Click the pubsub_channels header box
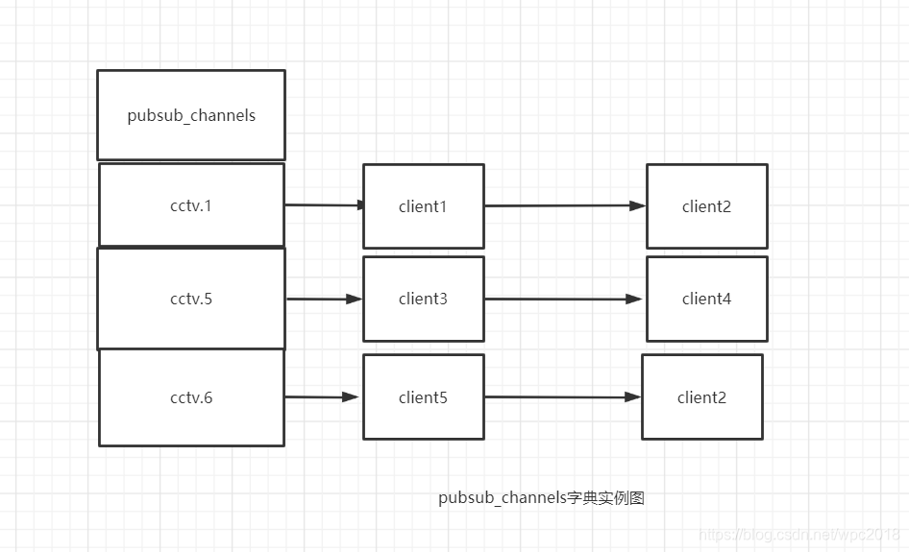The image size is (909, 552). click(x=191, y=115)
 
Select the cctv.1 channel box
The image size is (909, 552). click(x=191, y=205)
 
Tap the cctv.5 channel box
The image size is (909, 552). click(x=191, y=299)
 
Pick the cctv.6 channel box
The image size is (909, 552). click(x=191, y=397)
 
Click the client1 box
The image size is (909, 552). click(x=423, y=206)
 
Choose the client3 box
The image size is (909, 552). click(x=423, y=299)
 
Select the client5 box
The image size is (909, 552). click(x=423, y=397)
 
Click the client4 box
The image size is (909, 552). click(x=706, y=299)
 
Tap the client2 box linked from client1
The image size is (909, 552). click(x=706, y=206)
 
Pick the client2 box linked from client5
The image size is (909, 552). click(x=701, y=397)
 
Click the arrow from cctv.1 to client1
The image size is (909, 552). click(x=324, y=204)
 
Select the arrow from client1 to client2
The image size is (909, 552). click(x=565, y=205)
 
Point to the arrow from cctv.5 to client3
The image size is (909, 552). click(x=324, y=299)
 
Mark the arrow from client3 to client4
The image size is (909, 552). click(x=563, y=299)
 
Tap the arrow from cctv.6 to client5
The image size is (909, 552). click(x=322, y=396)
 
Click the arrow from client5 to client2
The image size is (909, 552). click(x=562, y=396)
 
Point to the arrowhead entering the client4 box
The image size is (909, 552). click(x=634, y=299)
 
